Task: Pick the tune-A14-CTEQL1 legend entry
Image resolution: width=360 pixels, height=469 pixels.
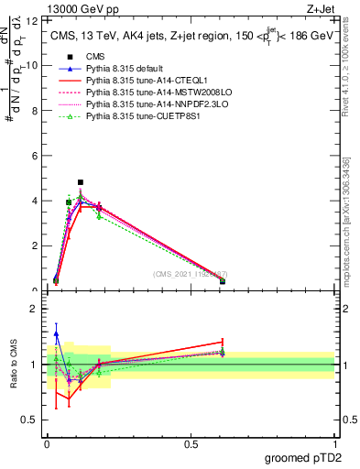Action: (146, 81)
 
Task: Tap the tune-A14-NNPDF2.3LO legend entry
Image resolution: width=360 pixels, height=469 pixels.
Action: (151, 104)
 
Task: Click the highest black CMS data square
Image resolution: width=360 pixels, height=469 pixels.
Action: (81, 182)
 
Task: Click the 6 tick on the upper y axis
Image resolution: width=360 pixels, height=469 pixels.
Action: (34, 156)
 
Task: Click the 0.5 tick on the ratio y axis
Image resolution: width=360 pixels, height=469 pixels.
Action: (32, 420)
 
